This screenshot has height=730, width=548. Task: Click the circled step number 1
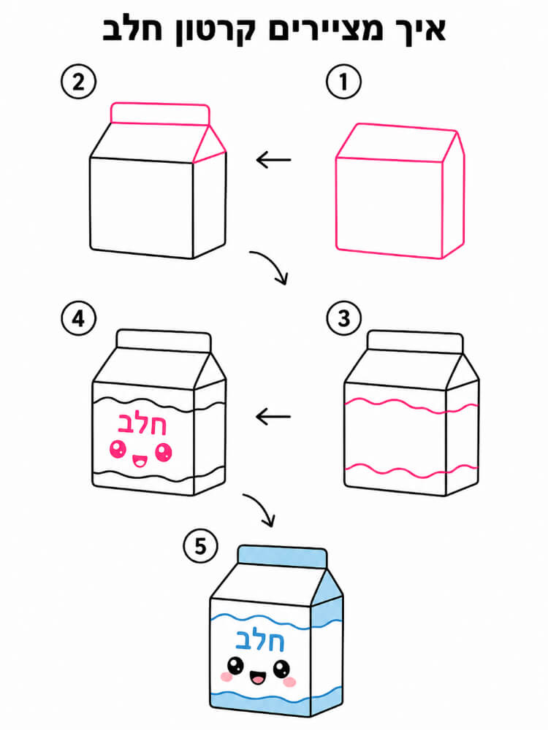coord(343,82)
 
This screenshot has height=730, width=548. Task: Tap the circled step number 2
coord(78,82)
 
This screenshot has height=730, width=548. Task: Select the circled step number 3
coord(343,318)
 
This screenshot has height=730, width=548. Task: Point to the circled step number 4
coord(78,318)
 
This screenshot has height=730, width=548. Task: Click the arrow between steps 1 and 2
coord(273,160)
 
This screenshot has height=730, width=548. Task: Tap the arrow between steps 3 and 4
coord(273,416)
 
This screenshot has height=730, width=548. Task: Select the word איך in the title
coord(417,30)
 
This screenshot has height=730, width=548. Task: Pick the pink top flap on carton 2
coord(160,114)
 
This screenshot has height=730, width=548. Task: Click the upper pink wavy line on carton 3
coord(411,405)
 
